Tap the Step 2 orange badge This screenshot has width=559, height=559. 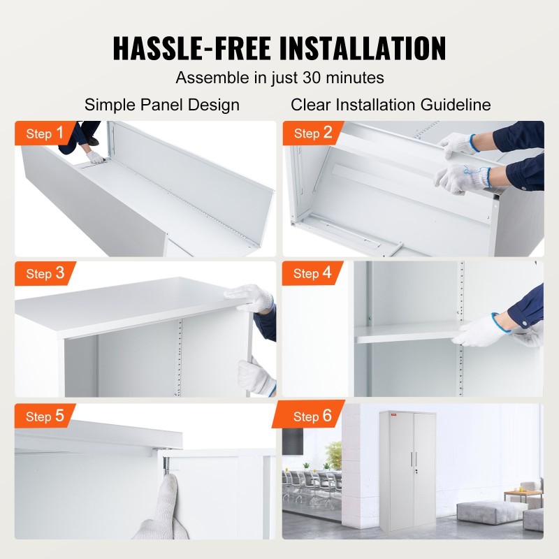click(312, 133)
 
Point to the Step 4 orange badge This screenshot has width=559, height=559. click(312, 274)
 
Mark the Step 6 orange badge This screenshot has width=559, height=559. click(312, 416)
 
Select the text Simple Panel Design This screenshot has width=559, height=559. click(162, 105)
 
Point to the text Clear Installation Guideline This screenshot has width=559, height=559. click(391, 105)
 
